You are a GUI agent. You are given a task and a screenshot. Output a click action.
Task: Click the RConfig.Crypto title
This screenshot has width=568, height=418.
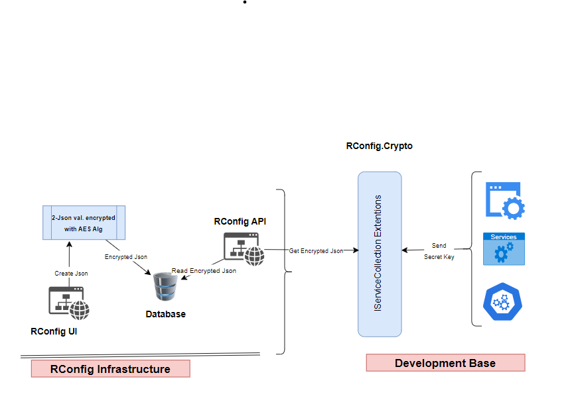pos(379,146)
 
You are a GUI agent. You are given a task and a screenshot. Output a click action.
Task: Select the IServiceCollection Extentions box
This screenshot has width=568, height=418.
pos(380,254)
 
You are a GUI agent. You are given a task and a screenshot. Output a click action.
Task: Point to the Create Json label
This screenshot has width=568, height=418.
pos(71,273)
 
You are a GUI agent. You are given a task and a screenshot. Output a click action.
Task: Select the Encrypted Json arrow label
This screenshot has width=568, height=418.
pos(126,256)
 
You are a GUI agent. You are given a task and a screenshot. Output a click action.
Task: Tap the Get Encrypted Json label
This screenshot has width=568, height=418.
pos(316,251)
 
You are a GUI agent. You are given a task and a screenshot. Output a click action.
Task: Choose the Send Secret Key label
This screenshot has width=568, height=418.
pos(439,251)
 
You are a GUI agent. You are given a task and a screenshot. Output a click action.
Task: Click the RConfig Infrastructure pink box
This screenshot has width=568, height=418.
pos(110,369)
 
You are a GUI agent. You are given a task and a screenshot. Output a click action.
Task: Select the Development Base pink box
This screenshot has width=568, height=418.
pos(445,363)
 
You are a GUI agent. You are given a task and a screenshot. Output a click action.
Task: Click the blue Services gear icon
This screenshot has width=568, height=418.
pos(504,249)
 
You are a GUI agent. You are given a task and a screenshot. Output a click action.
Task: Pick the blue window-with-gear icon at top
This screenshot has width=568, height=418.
pos(505,200)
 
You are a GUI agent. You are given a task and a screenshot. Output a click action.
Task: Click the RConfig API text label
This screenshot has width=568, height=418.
pos(240,221)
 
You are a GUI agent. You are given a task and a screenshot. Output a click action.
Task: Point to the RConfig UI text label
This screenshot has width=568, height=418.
pos(54,331)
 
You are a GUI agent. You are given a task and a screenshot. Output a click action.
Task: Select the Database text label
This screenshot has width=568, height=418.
pos(165,314)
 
